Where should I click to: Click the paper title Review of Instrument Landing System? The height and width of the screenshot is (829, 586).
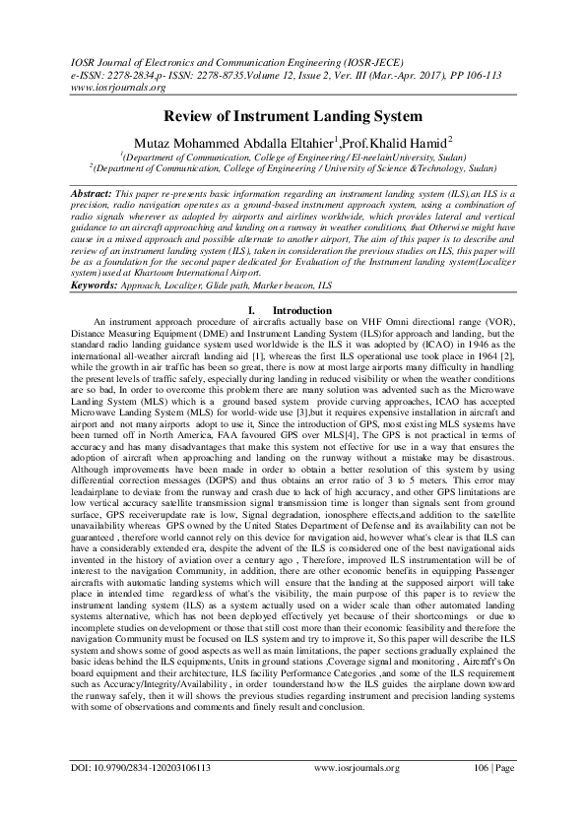point(293,115)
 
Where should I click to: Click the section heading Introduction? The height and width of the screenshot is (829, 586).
point(301,310)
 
